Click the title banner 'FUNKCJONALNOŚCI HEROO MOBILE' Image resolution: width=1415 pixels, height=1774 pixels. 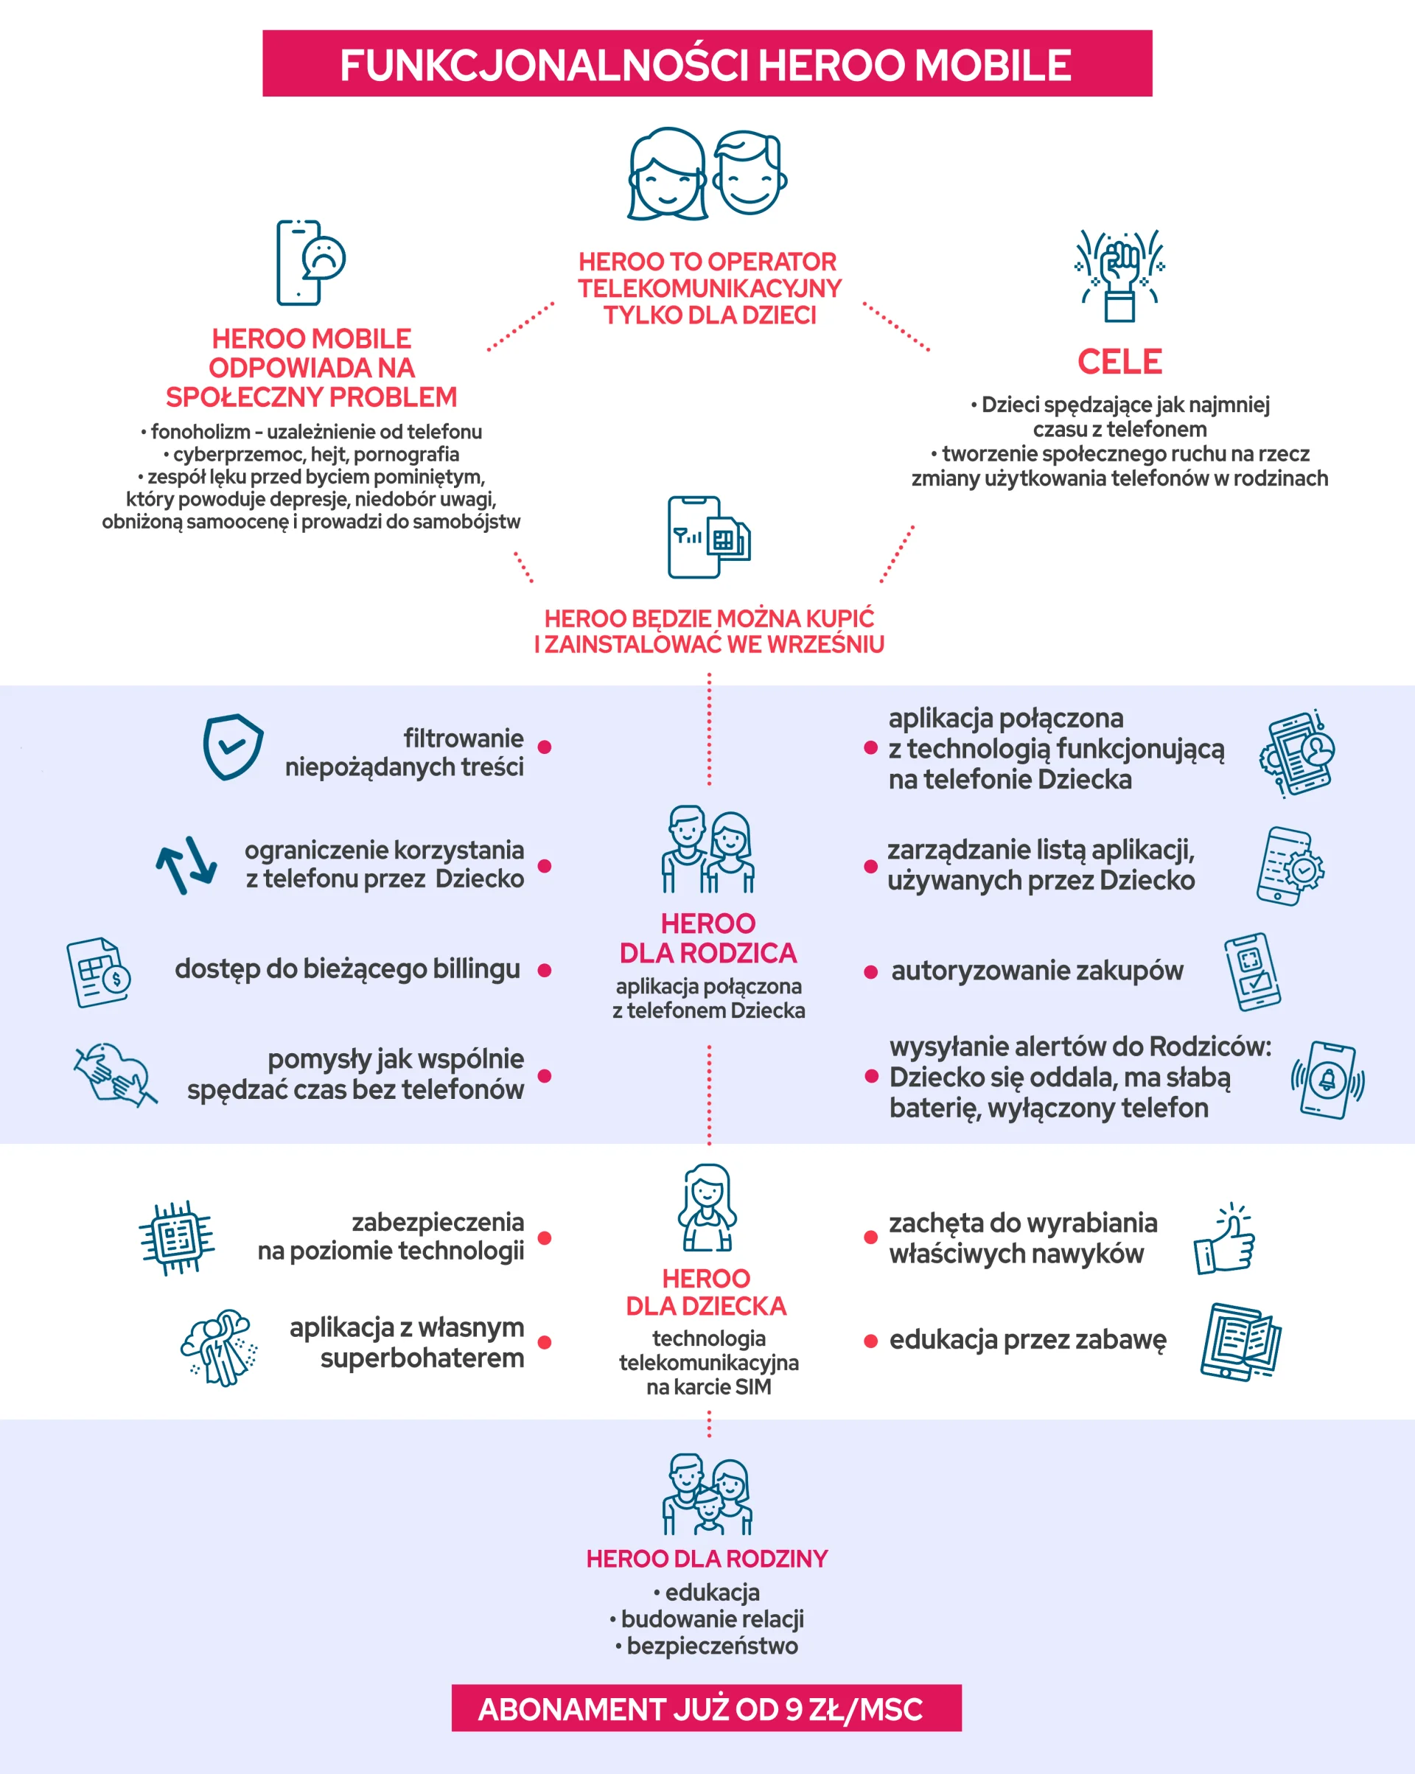coord(707,63)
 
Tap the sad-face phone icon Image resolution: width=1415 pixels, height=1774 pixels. coord(310,262)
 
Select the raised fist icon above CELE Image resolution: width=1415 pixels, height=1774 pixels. coord(1119,276)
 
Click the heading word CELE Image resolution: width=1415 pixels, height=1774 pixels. coord(1119,361)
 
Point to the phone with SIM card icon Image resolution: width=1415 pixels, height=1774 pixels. coord(709,537)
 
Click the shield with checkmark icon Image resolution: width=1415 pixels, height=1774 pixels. coord(234,747)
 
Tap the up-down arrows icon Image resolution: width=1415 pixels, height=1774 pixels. coord(186,865)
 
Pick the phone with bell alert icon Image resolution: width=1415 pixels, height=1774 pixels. coord(1327,1080)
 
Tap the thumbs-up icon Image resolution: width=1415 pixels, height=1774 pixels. coord(1225,1239)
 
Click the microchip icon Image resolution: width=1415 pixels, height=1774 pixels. coord(176,1237)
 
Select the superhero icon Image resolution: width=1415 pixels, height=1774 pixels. coord(219,1348)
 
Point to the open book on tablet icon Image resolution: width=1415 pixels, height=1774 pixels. coord(1240,1342)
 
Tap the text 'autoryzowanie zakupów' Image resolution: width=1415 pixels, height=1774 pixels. coord(1038,971)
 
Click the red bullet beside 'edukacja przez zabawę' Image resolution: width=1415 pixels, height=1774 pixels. coord(870,1341)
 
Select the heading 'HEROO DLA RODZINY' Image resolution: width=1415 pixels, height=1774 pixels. coord(707,1558)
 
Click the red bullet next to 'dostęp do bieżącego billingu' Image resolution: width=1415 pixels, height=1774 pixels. coord(544,971)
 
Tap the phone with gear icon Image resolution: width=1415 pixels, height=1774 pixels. coord(1290,867)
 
